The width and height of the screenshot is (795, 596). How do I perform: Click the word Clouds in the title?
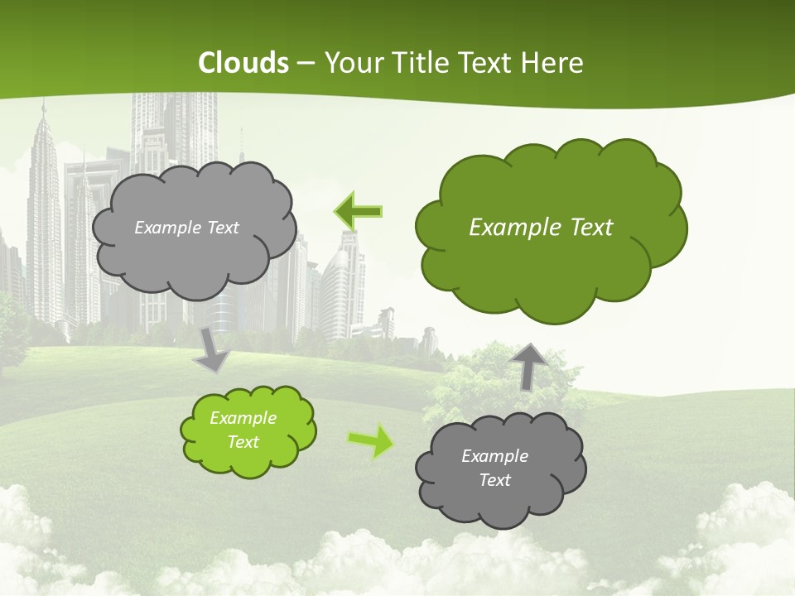click(x=243, y=63)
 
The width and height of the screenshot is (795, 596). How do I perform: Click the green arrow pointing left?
click(x=359, y=211)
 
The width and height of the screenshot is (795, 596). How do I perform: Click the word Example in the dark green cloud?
click(x=508, y=228)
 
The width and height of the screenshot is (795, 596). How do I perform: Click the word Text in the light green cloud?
click(x=243, y=442)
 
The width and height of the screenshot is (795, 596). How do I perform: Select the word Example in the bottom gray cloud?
click(x=494, y=456)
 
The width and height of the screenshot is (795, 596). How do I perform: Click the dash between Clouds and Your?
click(x=306, y=63)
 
